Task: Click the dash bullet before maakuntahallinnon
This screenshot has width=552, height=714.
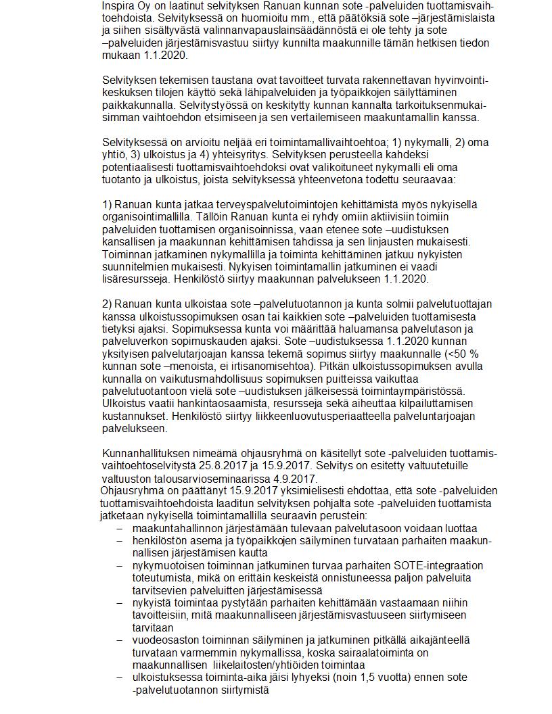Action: click(x=120, y=528)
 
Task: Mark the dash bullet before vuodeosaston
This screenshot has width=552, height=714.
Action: click(x=120, y=640)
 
